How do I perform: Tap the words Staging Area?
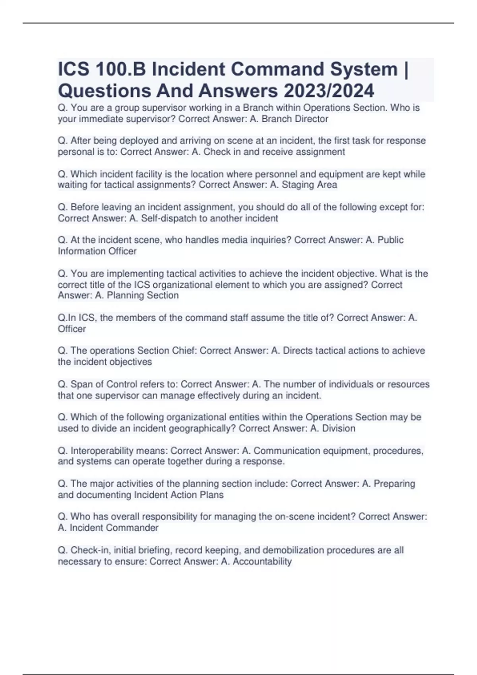[309, 185]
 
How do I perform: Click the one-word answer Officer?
[72, 329]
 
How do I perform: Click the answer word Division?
[338, 428]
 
